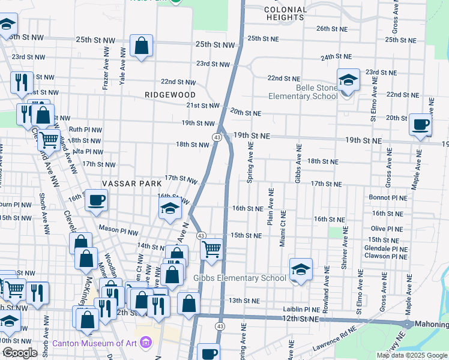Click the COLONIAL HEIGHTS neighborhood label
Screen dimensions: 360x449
point(285,13)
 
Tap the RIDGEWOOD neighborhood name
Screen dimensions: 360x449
point(170,95)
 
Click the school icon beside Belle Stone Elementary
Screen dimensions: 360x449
point(348,80)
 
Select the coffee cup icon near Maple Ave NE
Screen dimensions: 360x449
point(421,124)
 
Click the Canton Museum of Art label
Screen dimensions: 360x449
point(94,344)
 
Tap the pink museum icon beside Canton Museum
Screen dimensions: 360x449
point(145,343)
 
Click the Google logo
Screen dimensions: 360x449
point(20,353)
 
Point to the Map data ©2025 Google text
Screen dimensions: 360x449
point(411,355)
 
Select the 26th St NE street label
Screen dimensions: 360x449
point(332,28)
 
